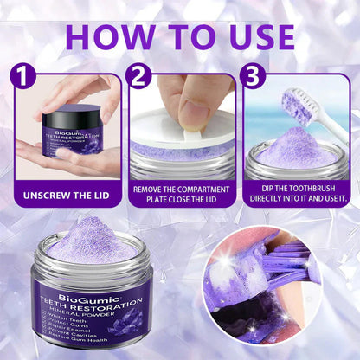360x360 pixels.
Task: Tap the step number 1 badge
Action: pos(24,77)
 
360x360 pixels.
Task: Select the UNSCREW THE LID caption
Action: pos(65,195)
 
